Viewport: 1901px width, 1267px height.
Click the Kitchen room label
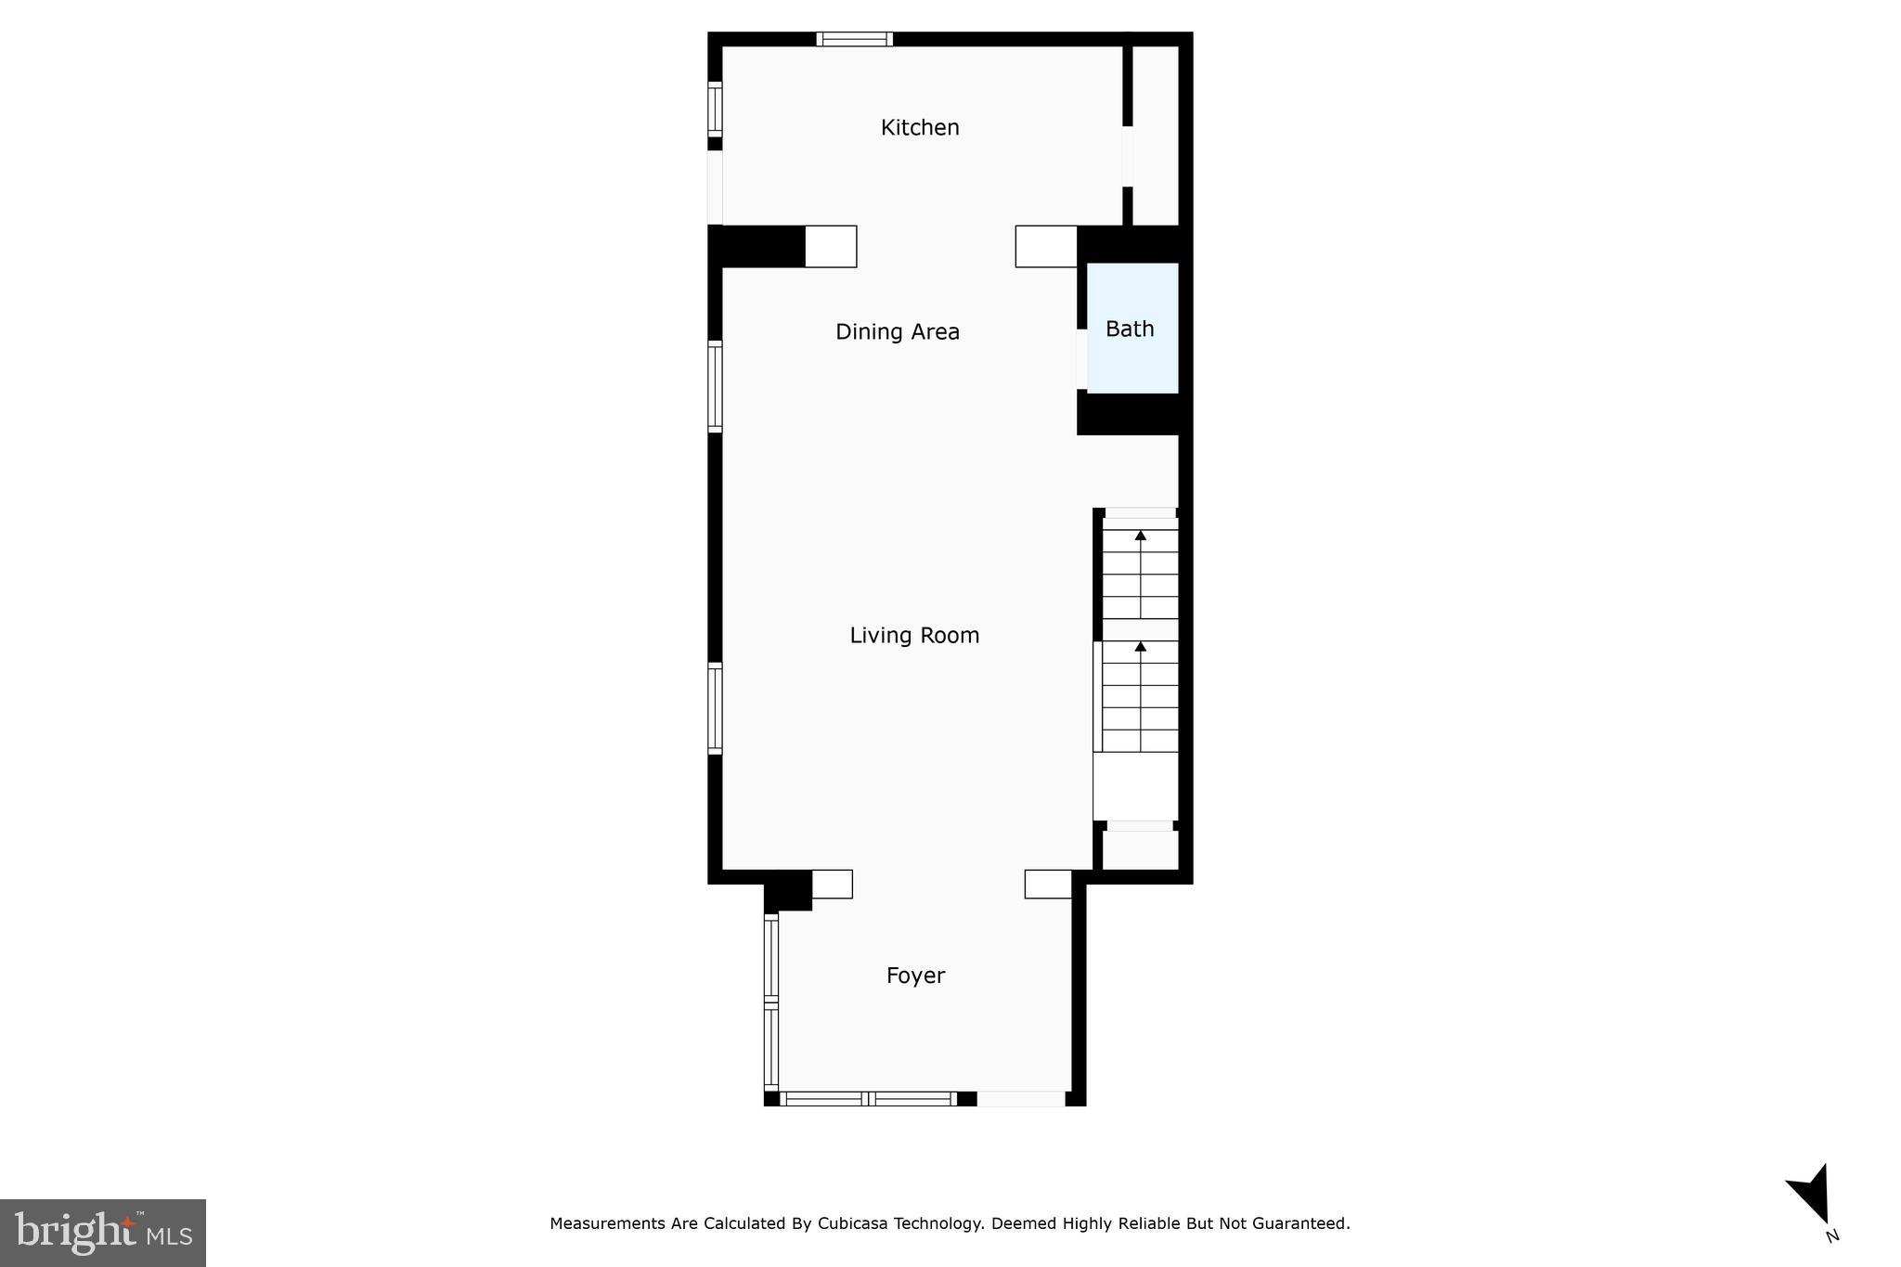[x=919, y=128]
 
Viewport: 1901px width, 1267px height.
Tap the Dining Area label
[x=897, y=332]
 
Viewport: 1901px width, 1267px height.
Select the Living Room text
[x=914, y=636]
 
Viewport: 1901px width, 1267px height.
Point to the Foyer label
[x=915, y=976]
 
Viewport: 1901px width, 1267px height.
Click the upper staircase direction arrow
[x=1140, y=536]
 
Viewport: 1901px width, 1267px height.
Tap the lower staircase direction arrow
[x=1140, y=646]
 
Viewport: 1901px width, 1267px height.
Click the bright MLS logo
[x=103, y=1233]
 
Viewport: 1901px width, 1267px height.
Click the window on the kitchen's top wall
[x=854, y=39]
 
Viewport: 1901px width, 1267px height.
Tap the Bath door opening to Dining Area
[x=1081, y=358]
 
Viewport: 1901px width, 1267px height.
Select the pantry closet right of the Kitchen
[x=1156, y=135]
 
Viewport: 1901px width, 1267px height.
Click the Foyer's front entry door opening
[x=1020, y=1099]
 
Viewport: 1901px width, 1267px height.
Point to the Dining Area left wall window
[x=715, y=386]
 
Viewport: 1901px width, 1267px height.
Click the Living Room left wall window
[x=715, y=707]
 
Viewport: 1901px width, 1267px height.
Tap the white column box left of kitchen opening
[x=830, y=247]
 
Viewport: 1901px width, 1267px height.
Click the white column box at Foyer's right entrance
[x=1047, y=884]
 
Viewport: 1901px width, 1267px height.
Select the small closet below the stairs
[x=1140, y=849]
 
